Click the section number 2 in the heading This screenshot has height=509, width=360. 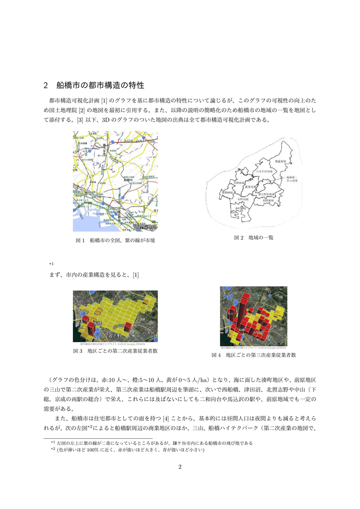click(46, 85)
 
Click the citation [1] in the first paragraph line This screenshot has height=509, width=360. click(104, 100)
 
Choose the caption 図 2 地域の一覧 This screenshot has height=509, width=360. click(253, 237)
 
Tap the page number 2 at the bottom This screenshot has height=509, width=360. click(180, 466)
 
